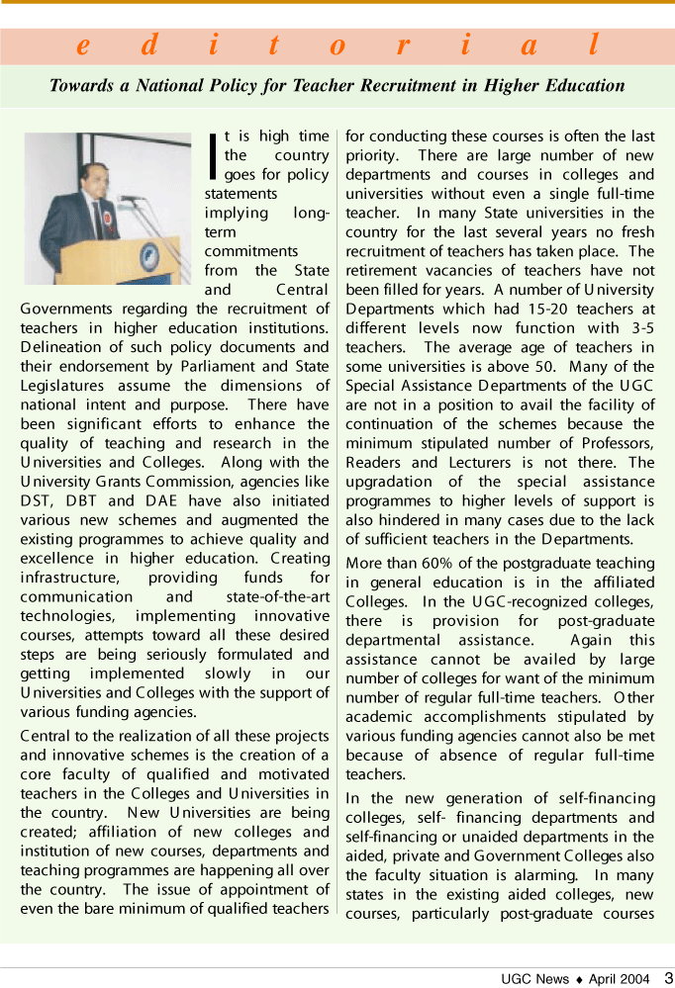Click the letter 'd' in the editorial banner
pos(148,45)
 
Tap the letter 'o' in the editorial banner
pos(337,45)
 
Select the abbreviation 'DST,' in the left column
pos(39,500)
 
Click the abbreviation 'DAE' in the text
pos(161,500)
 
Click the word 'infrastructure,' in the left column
pos(65,578)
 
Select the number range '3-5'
pos(640,328)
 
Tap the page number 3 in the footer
pos(668,978)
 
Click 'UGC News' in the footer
pos(535,979)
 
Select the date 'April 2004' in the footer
pos(619,979)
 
